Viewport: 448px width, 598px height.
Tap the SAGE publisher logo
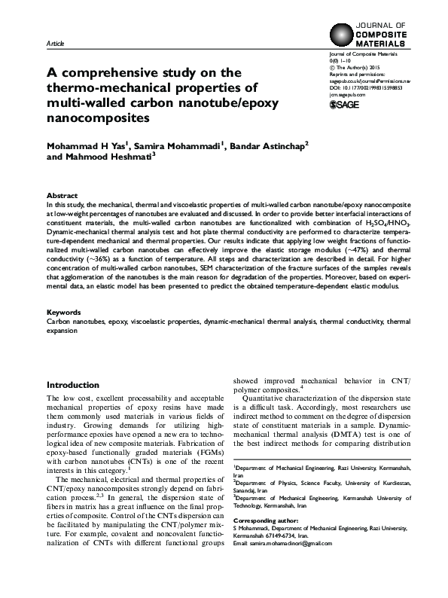347,105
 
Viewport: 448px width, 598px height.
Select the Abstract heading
61,194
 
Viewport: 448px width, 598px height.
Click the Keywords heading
63,332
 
